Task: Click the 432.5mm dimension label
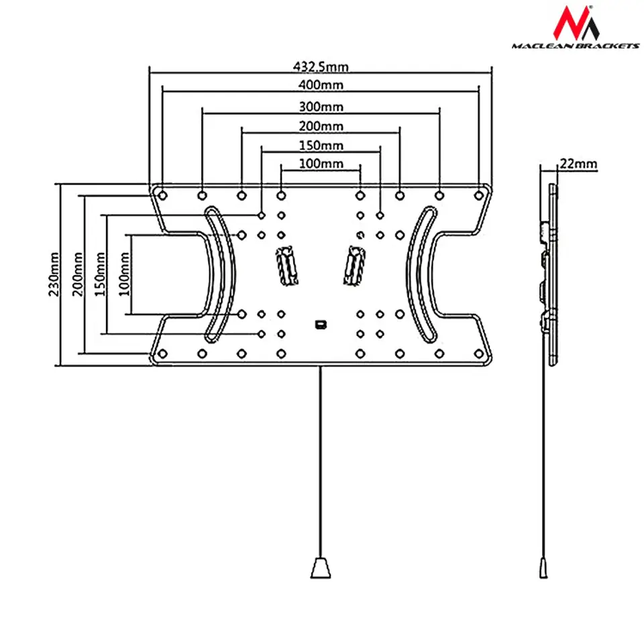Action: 321,66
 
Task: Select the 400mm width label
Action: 321,85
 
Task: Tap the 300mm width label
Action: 321,106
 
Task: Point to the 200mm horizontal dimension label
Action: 321,125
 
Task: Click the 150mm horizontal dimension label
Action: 321,145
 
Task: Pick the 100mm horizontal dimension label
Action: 321,164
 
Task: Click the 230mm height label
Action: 54,274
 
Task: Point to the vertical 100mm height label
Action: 121,274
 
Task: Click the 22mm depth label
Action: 578,164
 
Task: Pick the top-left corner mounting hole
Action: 162,195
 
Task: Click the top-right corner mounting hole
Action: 478,195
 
